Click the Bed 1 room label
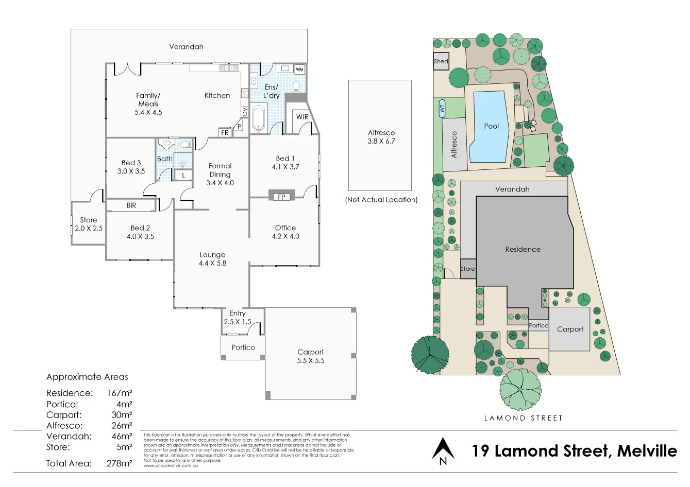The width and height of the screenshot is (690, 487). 285,162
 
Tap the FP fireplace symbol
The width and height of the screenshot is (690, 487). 281,197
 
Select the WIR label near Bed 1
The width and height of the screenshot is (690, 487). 302,117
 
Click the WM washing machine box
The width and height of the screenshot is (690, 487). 299,69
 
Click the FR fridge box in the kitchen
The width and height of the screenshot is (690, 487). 225,132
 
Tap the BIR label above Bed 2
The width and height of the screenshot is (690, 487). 131,205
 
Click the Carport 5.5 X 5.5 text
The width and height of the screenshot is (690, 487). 311,356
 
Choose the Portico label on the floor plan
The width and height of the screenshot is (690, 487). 243,347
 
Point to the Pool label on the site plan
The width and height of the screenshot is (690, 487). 491,126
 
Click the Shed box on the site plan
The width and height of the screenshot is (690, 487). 441,61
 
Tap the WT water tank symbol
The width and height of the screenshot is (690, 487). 442,109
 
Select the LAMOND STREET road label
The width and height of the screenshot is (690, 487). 523,418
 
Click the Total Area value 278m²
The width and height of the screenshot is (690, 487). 120,463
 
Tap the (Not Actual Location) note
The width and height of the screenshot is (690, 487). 381,200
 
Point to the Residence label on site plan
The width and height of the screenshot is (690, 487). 523,249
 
